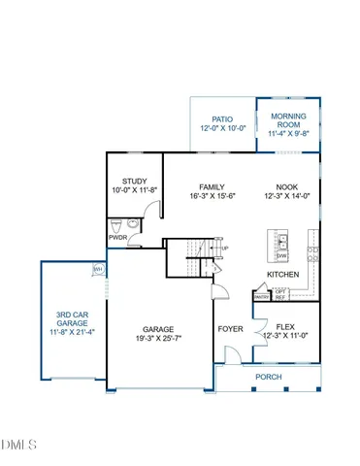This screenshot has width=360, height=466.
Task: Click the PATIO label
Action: [x=221, y=119]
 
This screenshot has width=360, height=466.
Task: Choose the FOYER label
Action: [x=231, y=328]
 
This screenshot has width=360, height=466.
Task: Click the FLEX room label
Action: [x=285, y=327]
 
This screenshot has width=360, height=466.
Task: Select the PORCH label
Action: [x=268, y=376]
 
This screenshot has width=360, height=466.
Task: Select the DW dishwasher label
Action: [x=281, y=254]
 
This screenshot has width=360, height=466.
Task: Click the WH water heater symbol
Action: [x=98, y=269]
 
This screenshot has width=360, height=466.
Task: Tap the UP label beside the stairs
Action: [x=226, y=249]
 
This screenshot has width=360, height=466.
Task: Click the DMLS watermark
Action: [x=18, y=446]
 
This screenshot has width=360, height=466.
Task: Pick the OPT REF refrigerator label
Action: [x=280, y=294]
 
